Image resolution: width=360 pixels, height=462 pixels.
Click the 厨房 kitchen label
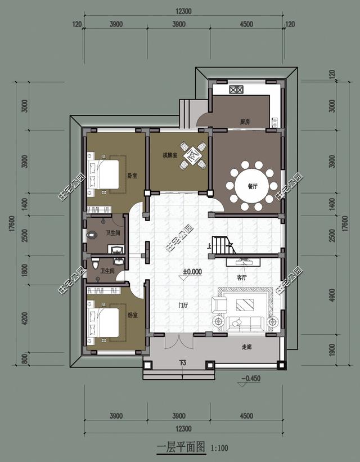pyautogui.click(x=245, y=122)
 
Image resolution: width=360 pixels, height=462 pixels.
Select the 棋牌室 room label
pyautogui.click(x=170, y=155)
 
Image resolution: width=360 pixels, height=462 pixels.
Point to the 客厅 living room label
pyautogui.click(x=242, y=278)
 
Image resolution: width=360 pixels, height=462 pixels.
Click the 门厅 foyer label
pyautogui.click(x=183, y=306)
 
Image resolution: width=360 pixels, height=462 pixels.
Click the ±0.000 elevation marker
pyautogui.click(x=192, y=271)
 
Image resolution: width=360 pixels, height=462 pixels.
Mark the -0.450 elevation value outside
pyautogui.click(x=250, y=378)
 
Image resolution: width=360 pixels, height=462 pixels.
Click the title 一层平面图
pyautogui.click(x=180, y=448)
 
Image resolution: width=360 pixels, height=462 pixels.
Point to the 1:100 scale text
pyautogui.click(x=219, y=448)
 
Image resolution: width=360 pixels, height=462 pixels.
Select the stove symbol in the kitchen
pyautogui.click(x=236, y=89)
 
